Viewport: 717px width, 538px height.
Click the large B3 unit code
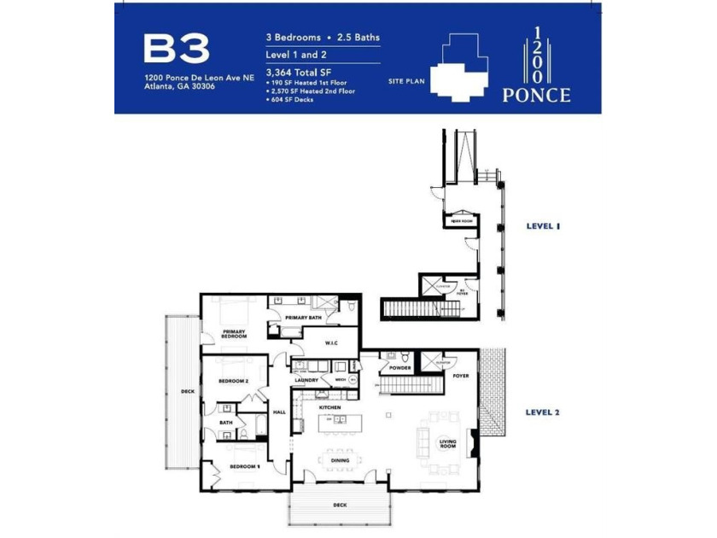[x=176, y=50]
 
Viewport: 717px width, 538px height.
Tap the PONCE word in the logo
[x=536, y=95]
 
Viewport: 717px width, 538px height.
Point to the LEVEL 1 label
[x=542, y=226]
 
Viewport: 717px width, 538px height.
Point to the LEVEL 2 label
[x=542, y=412]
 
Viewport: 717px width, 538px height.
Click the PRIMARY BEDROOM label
[x=234, y=333]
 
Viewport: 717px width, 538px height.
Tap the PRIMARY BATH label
[x=302, y=317]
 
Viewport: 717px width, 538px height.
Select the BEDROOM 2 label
[x=233, y=381]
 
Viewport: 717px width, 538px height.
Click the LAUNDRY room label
[x=306, y=379]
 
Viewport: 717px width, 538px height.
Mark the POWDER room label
[x=399, y=368]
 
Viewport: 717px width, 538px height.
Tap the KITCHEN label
[x=330, y=407]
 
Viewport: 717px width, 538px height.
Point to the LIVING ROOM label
[x=448, y=443]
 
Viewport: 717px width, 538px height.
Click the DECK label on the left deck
[x=187, y=392]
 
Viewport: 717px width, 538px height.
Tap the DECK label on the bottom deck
[x=340, y=506]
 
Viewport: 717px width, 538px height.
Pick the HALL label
[x=279, y=412]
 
